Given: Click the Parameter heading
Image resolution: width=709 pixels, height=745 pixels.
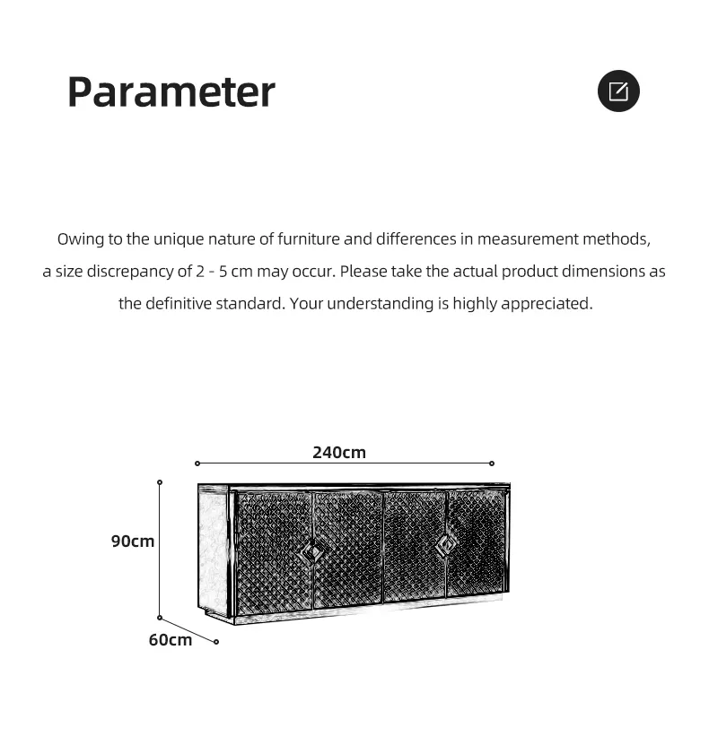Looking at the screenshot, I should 171,91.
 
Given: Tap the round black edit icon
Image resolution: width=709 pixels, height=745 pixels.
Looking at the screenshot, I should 618,91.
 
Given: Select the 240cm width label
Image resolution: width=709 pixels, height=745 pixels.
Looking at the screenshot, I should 339,453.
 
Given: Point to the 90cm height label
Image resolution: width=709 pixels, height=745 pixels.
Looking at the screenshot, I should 133,541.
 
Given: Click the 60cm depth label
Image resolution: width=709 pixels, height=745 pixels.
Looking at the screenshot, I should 171,639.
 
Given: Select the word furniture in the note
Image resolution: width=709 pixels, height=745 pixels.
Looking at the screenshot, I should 308,239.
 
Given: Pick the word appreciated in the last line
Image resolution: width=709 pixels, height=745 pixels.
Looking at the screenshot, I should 547,304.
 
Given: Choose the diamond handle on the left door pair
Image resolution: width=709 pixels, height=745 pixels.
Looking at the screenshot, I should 311,551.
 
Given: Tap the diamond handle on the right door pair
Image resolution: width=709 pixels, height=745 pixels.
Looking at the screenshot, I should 446,543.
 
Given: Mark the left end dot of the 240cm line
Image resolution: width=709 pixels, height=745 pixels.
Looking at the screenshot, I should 197,463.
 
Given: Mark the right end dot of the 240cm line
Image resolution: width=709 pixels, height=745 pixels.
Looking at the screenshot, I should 492,463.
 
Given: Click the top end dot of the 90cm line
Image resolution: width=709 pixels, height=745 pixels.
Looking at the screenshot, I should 160,482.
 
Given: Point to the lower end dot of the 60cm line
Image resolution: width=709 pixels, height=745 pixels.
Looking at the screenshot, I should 216,642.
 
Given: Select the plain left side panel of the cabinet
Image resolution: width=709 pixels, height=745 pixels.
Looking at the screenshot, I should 213,552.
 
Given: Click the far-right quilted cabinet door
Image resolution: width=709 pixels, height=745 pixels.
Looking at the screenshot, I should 476,543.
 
